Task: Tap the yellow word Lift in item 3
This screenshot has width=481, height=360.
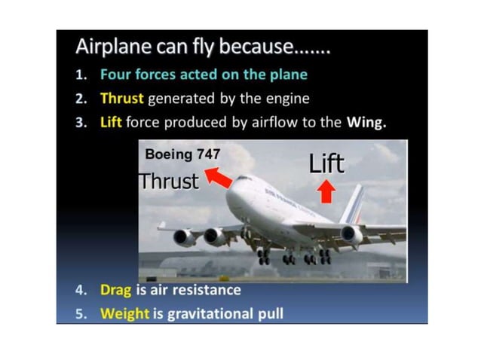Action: click(110, 122)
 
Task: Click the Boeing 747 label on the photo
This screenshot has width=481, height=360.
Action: click(182, 154)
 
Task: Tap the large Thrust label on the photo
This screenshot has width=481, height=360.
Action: click(170, 181)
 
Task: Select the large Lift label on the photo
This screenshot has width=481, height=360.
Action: click(326, 163)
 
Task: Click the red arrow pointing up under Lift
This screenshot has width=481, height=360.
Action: click(326, 192)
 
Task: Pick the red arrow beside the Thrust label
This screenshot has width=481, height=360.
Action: click(219, 178)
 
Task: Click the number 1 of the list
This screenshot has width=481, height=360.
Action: click(84, 75)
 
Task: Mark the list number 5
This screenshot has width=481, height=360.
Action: click(84, 313)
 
